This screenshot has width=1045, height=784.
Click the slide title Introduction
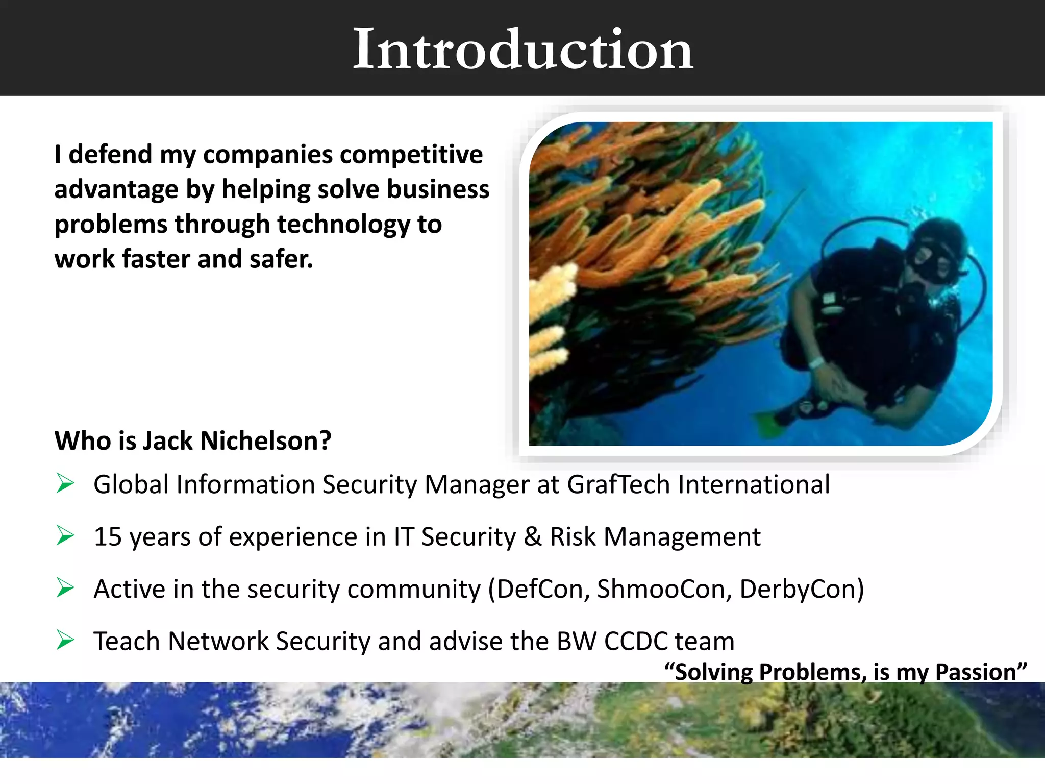tap(522, 49)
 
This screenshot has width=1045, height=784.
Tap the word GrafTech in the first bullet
tap(618, 484)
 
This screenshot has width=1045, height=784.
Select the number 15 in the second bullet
tap(108, 537)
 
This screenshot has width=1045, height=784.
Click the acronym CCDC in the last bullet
tap(636, 641)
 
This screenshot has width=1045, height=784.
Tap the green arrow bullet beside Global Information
tap(65, 483)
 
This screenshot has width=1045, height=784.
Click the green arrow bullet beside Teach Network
tap(65, 640)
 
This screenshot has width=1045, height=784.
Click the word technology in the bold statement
tap(343, 225)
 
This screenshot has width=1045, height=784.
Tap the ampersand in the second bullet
tap(533, 537)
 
